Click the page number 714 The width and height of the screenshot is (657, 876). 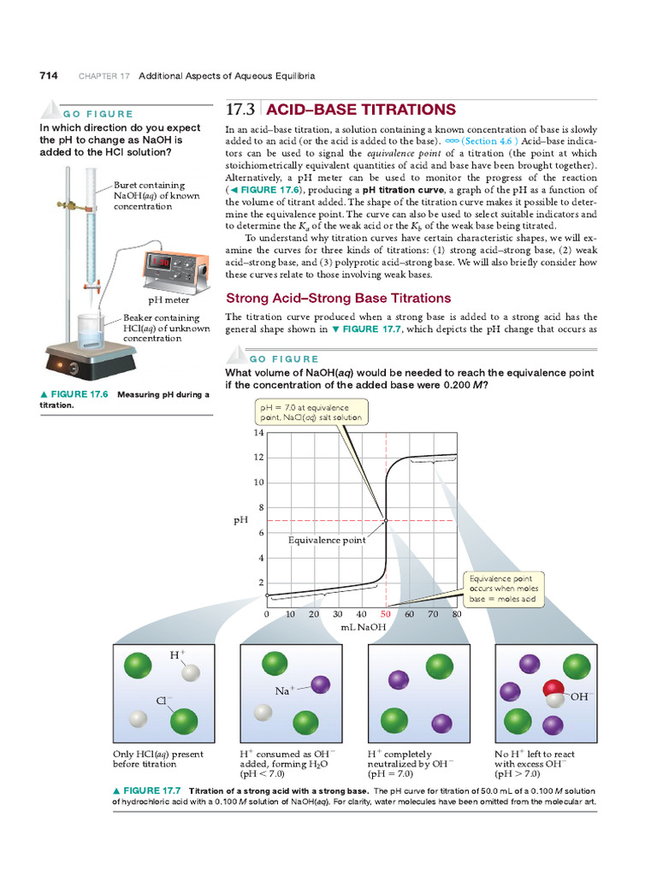(x=49, y=75)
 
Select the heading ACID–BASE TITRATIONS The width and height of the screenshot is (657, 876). (x=361, y=109)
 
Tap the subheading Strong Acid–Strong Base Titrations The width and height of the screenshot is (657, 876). (x=337, y=299)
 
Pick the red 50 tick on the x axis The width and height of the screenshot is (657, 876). (x=386, y=613)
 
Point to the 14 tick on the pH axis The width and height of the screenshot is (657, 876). (x=258, y=433)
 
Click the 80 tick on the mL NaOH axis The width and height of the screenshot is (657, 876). (x=457, y=613)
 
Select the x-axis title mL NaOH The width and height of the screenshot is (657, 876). (x=364, y=627)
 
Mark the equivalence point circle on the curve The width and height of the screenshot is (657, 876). (x=386, y=520)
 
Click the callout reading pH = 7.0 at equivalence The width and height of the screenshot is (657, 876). (x=311, y=412)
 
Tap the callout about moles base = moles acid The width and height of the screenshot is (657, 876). (x=503, y=589)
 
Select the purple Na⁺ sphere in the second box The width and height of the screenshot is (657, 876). (x=320, y=684)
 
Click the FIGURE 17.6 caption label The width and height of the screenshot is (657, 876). (x=74, y=394)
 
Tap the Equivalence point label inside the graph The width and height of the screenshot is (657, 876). (x=327, y=540)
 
